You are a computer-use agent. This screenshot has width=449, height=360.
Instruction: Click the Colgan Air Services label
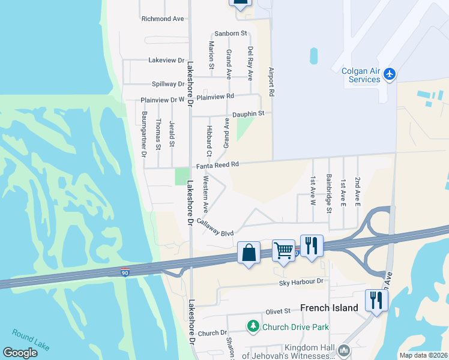361,75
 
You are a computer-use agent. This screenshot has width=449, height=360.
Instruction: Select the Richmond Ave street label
163,19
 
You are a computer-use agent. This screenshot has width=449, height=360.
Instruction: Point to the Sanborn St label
231,33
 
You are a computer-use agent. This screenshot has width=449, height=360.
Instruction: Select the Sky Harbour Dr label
301,281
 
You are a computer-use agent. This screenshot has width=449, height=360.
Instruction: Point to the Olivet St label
278,311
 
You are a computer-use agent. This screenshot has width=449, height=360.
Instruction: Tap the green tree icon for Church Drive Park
253,326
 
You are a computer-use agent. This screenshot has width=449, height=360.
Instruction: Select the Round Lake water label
31,340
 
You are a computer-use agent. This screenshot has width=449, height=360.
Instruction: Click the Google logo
20,353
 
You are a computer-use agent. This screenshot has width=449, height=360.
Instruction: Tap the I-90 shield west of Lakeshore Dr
125,272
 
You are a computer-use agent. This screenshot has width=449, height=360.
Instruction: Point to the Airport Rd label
271,82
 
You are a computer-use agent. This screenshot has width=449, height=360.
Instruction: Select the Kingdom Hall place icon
344,350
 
